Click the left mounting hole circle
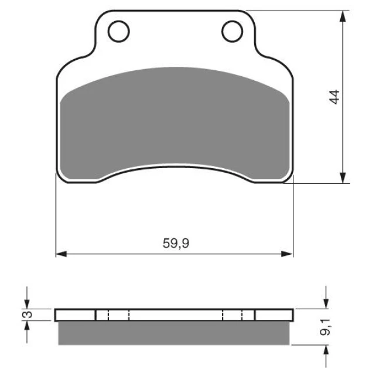pos(108,32)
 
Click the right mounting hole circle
pos(221,32)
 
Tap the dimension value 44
pos(334,97)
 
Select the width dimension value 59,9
pos(176,243)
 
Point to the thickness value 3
pos(28,315)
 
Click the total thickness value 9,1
pos(325,327)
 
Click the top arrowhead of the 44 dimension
pos(343,16)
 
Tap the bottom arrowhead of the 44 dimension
pos(343,177)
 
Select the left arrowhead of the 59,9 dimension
pos(61,254)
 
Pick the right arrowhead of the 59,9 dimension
pos(288,254)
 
